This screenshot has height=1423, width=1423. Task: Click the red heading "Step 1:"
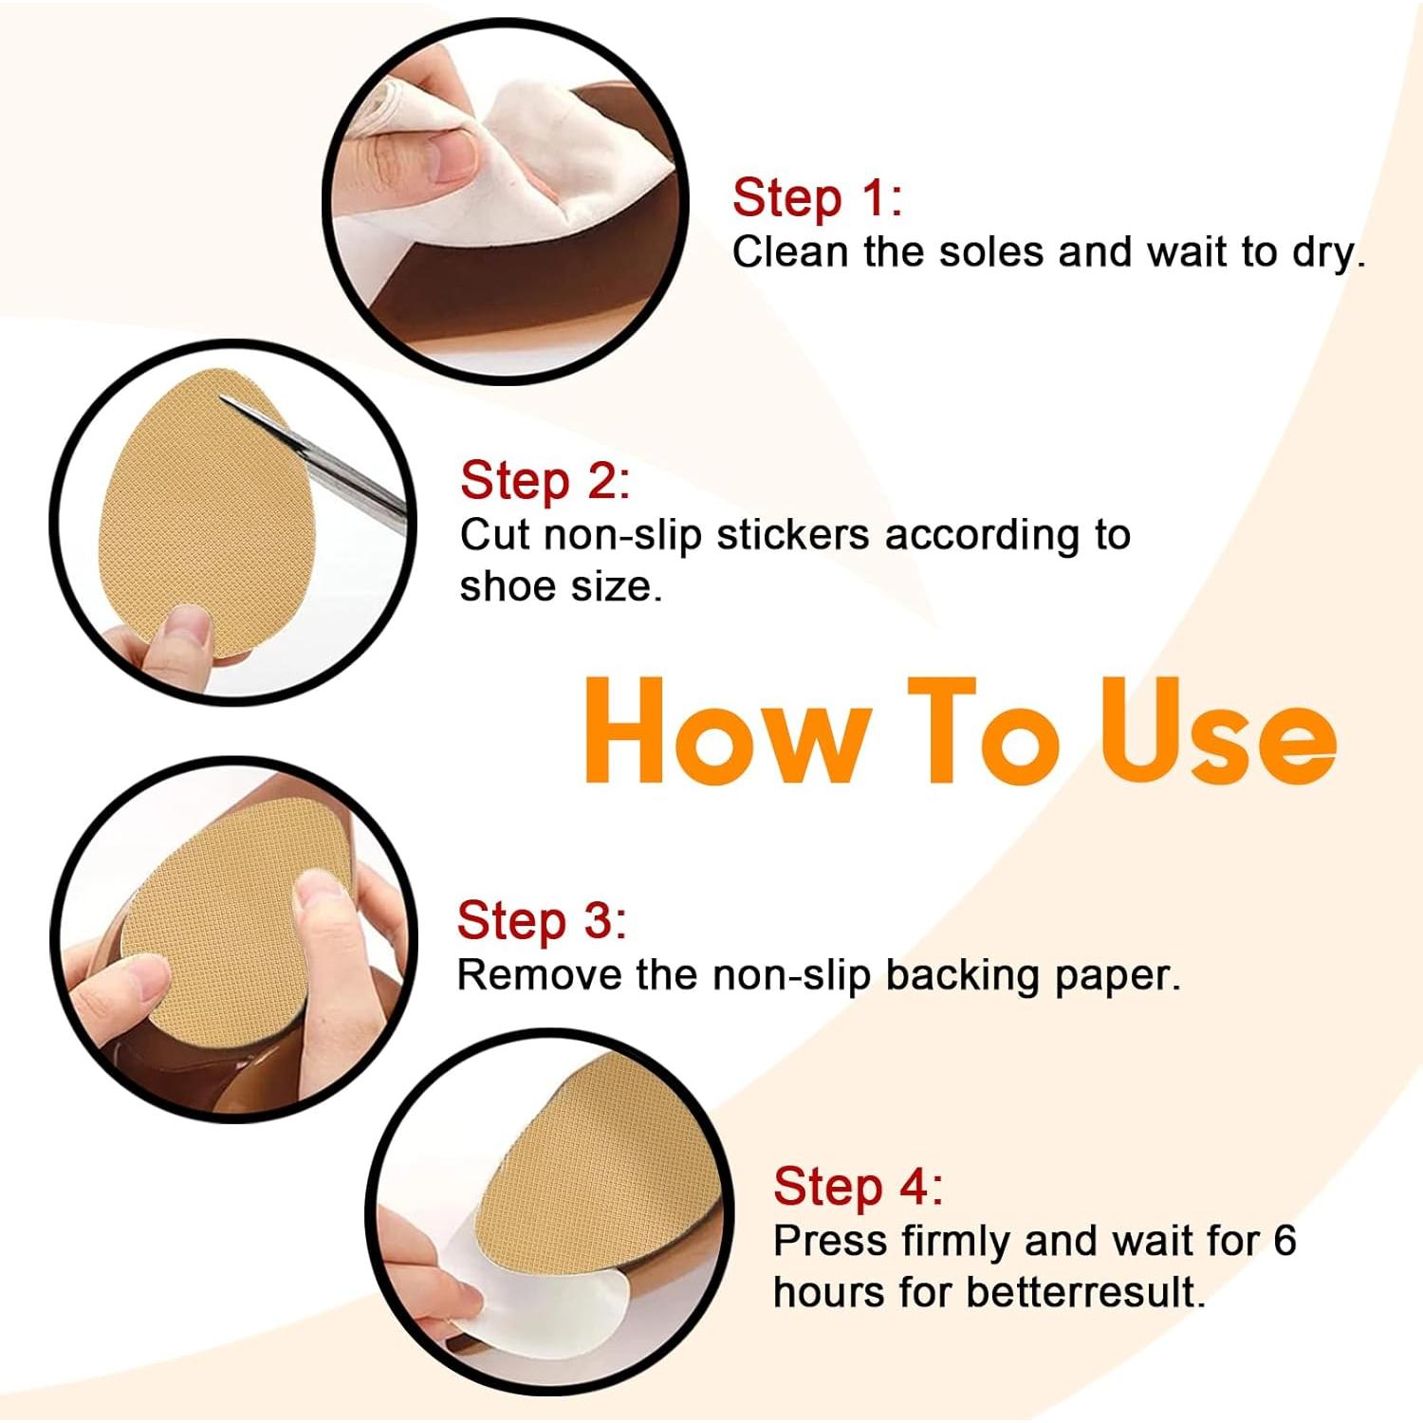point(817,198)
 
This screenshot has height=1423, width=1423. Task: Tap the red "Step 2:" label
point(545,481)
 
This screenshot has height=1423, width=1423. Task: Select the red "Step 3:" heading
point(542,921)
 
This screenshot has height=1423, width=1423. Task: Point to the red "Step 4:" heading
point(859,1187)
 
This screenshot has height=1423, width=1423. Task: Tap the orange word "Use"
point(1218,731)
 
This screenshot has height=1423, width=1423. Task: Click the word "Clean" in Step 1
point(789,252)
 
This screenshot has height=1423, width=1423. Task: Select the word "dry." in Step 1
point(1328,254)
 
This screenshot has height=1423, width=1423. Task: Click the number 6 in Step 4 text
point(1284,1241)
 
